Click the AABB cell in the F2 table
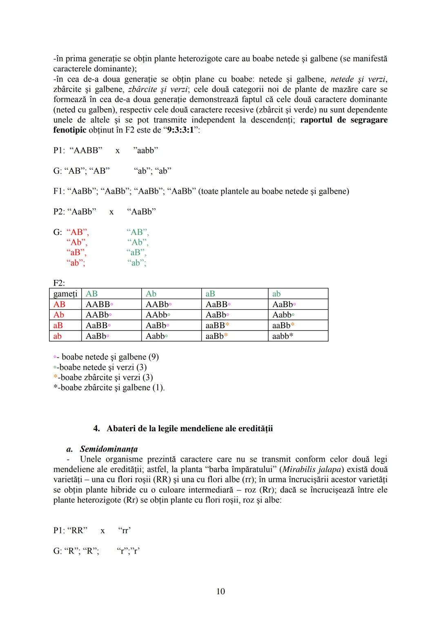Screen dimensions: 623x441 point(98,304)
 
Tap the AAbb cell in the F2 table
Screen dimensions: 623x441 point(157,315)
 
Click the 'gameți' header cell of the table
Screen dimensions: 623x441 point(65,294)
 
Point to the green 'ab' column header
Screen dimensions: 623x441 point(276,294)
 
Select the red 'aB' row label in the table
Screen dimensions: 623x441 point(58,326)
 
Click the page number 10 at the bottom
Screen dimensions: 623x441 point(220,591)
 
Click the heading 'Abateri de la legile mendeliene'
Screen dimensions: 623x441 point(189,428)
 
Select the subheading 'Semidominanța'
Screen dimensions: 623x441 point(109,449)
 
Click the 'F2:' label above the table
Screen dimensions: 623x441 point(59,283)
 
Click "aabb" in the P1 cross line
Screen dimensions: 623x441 point(145,151)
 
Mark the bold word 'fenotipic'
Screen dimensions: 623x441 point(70,130)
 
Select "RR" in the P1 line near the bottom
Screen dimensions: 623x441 point(77,530)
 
